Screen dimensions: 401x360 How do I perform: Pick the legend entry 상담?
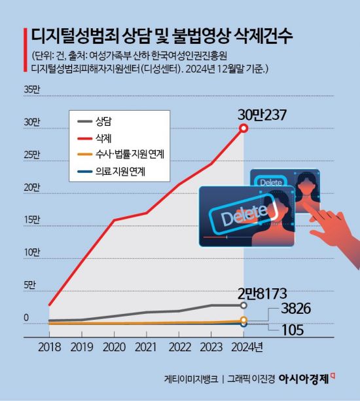104,122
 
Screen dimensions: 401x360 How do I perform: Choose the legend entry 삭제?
104,138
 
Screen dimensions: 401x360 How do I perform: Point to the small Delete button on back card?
269,182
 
